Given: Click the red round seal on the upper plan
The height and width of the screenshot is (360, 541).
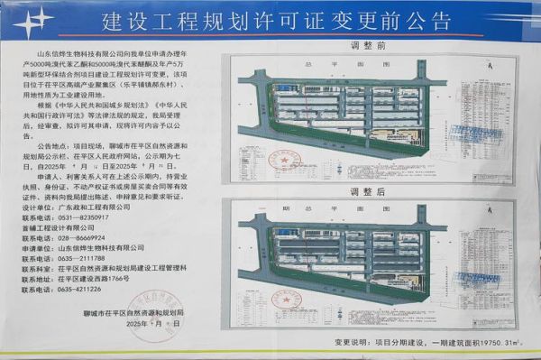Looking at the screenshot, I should [290, 161].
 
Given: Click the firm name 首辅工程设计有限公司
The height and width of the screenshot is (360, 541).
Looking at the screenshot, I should [80, 227].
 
